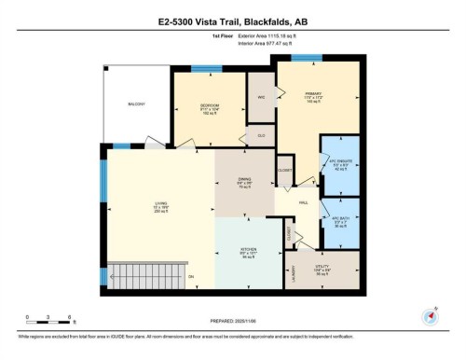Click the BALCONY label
tap(137, 104)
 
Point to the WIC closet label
tap(262, 97)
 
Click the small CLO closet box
tap(263, 136)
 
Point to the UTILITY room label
tap(322, 270)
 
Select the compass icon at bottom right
tap(432, 314)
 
